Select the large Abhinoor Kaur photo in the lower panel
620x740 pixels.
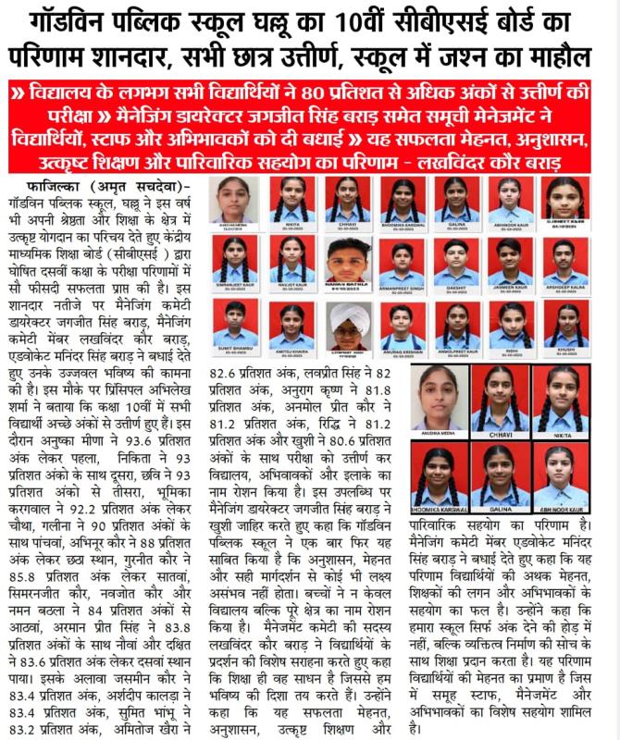(x=562, y=474)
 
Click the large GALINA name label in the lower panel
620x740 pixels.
(x=499, y=509)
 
